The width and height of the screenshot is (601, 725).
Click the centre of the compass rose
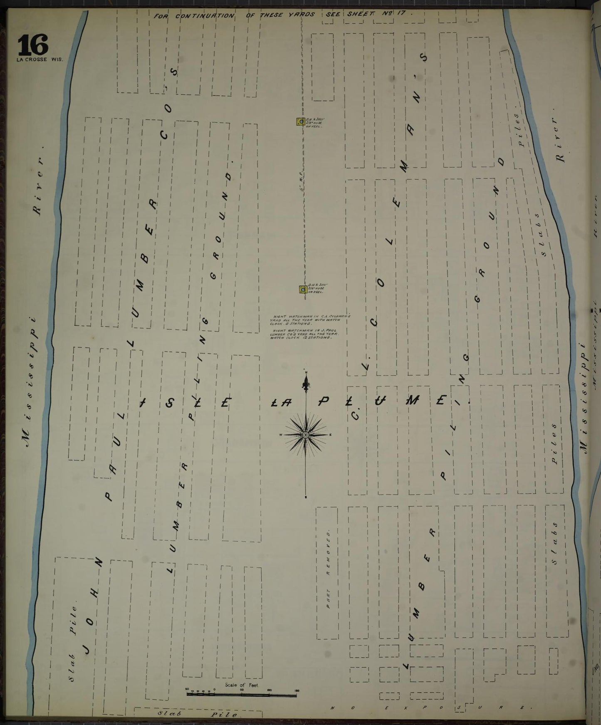point(306,435)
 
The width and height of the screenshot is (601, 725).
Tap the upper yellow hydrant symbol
point(299,121)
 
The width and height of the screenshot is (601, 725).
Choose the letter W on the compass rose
point(282,435)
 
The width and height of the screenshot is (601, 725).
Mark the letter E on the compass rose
point(330,435)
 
